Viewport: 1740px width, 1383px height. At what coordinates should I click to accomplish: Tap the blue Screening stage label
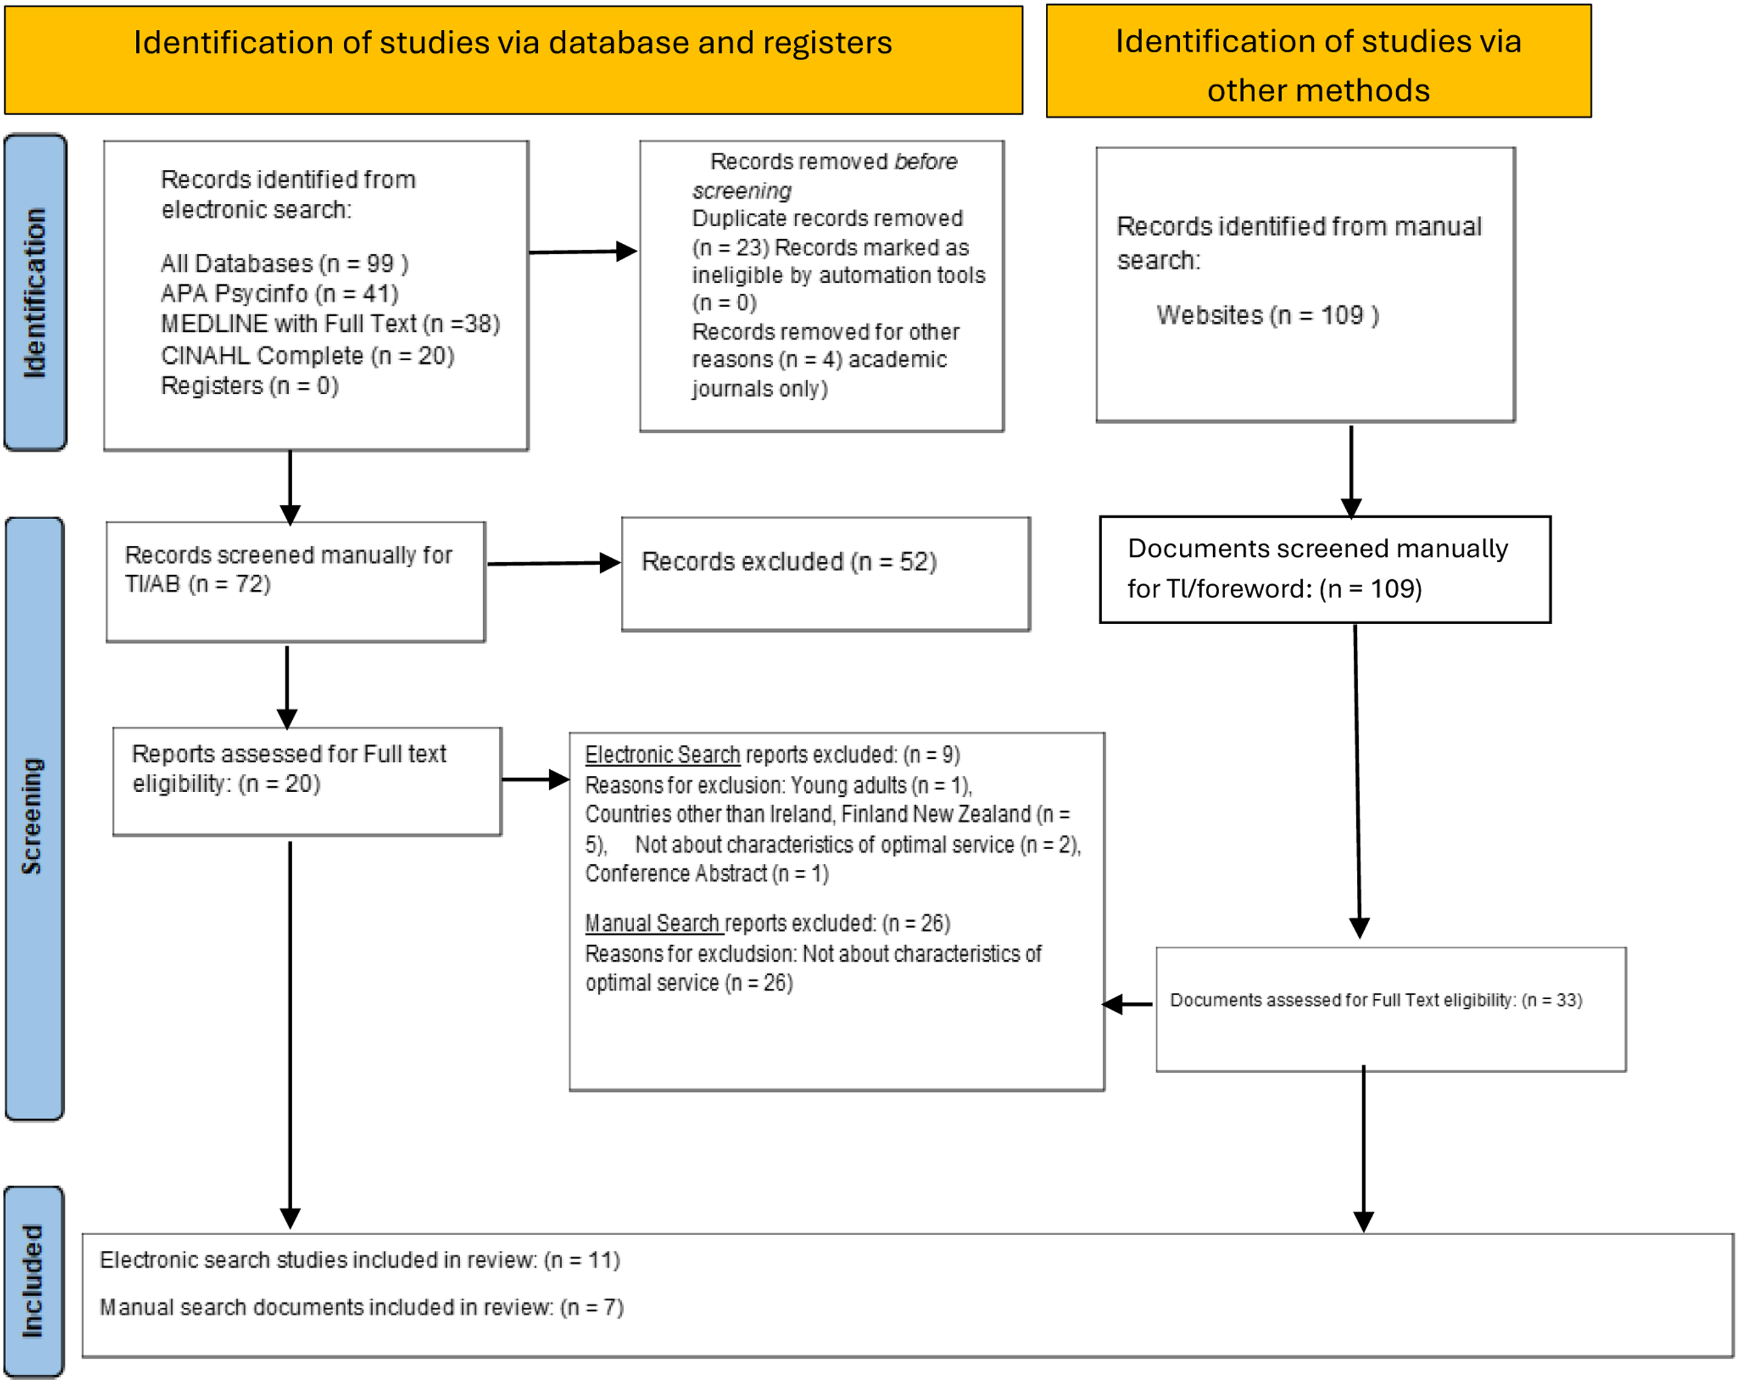point(34,818)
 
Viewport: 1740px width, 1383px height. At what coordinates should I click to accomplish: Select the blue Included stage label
point(34,1282)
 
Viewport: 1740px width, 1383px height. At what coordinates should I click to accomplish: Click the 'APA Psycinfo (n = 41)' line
point(279,293)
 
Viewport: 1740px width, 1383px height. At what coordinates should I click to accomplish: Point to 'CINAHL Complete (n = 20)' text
point(307,355)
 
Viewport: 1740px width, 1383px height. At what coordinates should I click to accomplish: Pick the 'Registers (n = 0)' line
point(249,386)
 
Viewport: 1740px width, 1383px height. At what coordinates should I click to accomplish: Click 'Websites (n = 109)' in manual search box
point(1267,315)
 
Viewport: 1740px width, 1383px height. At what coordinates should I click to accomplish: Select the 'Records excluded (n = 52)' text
point(789,561)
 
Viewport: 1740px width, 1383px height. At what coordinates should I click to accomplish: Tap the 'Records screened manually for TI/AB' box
point(295,582)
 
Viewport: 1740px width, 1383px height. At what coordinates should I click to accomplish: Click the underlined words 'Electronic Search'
point(662,754)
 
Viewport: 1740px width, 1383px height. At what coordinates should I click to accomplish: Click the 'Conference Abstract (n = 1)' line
point(707,873)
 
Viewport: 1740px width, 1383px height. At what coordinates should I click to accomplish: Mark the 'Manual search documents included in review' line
point(361,1307)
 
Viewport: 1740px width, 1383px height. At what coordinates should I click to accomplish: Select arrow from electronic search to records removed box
point(583,252)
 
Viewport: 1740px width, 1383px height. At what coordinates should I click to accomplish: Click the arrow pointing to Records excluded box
point(554,564)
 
